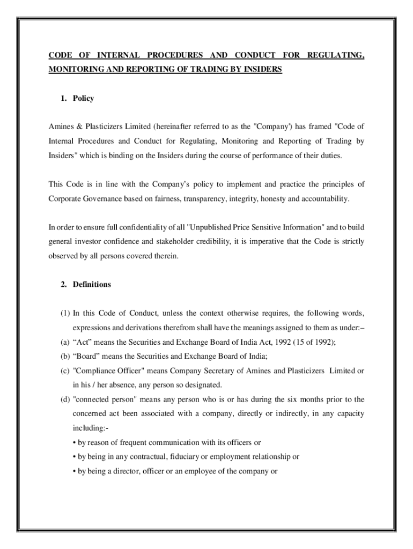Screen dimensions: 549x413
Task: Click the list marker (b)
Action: click(x=54, y=356)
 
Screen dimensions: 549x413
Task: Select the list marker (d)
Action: click(x=54, y=399)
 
